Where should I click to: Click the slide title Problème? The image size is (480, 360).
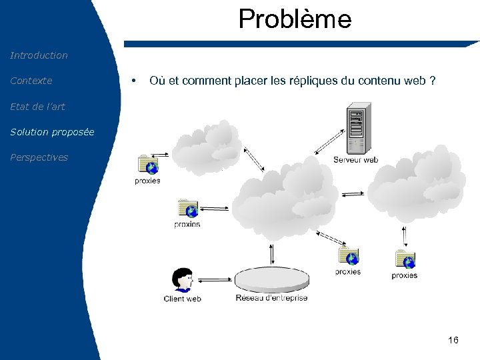pos(295,19)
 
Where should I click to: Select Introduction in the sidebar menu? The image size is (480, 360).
pos(39,55)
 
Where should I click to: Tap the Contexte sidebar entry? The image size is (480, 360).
pos(31,81)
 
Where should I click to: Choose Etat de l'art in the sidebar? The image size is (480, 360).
pos(37,106)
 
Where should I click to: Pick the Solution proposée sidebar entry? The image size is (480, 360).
pos(52,132)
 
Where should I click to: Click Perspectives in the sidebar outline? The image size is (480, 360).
pos(39,157)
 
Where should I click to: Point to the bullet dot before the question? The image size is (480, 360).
pos(135,81)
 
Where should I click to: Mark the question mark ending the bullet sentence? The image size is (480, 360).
pos(433,81)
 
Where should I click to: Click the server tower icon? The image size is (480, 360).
pos(357,129)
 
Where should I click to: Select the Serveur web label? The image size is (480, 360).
pos(355,160)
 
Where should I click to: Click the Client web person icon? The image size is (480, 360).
pos(182,280)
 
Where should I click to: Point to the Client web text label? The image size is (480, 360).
pos(182,299)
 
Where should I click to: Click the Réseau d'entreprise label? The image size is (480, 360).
pos(271,298)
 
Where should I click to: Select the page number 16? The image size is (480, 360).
pos(453,341)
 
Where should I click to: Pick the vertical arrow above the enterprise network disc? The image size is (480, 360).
pos(272,254)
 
